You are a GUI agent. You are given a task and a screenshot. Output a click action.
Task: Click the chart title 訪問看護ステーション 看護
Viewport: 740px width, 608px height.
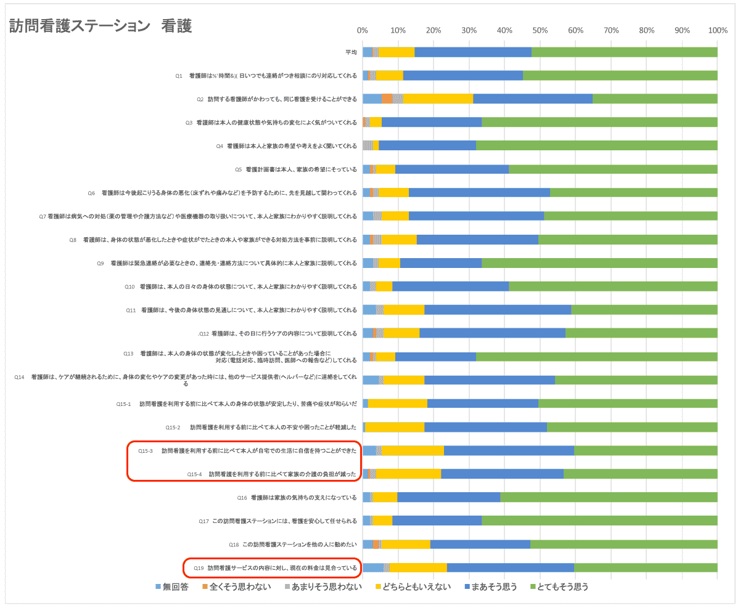(101, 26)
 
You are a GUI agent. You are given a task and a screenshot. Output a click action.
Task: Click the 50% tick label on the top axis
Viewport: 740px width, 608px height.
(540, 30)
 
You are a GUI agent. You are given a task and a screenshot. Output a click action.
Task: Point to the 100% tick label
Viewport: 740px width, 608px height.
(717, 30)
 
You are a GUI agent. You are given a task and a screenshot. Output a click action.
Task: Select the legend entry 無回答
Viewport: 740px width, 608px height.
(175, 587)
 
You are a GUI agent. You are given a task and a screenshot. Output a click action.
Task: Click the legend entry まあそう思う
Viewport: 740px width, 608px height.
(492, 587)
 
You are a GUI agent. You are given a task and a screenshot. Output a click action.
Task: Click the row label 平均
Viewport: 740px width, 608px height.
(351, 52)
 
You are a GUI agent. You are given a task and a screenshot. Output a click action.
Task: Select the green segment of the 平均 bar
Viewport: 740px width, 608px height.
(624, 52)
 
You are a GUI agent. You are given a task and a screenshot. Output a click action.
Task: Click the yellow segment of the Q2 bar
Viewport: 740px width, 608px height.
(438, 99)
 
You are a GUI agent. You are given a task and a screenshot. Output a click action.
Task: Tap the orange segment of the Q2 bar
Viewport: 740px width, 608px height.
(387, 99)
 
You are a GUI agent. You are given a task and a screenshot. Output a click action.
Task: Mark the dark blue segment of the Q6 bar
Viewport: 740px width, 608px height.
(479, 193)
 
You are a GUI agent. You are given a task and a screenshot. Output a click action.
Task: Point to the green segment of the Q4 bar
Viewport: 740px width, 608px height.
(596, 145)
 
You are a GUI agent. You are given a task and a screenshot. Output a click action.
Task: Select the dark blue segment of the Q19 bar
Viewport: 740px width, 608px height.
(511, 568)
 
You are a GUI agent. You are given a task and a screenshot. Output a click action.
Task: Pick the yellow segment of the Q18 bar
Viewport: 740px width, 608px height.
(406, 545)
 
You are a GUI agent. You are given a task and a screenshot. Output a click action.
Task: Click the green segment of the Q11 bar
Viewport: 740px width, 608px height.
(644, 310)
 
